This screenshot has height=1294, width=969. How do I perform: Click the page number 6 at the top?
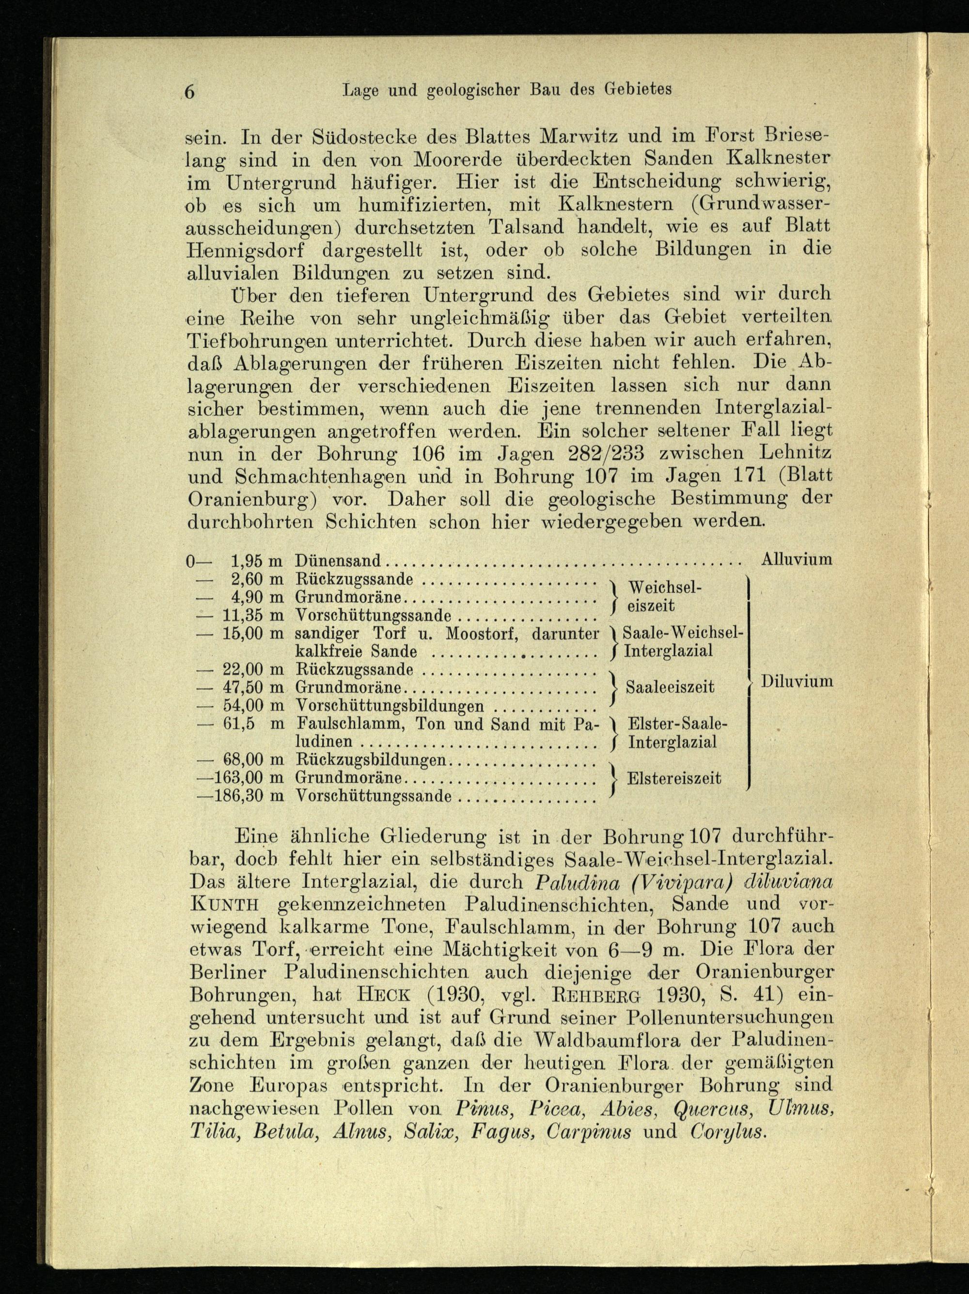[189, 92]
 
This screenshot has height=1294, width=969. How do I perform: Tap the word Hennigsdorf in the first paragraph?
[246, 249]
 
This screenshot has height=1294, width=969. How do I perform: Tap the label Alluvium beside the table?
[797, 559]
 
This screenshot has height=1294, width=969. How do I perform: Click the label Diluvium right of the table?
[797, 681]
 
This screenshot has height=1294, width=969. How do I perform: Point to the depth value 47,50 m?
[253, 687]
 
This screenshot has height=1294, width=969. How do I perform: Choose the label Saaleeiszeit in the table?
[670, 686]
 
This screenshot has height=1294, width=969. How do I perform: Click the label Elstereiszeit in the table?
[674, 778]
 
